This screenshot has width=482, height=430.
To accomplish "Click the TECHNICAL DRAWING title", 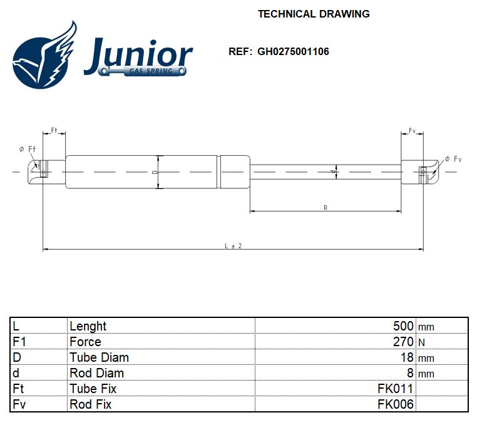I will point(314,14).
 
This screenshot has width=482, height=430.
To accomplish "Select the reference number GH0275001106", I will point(293,51).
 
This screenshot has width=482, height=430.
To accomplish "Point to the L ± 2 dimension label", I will point(233,246).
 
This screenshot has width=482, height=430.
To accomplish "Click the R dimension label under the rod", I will point(326,208).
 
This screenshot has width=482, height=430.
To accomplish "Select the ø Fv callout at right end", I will point(453,160).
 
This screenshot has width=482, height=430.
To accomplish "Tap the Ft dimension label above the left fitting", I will point(54,130).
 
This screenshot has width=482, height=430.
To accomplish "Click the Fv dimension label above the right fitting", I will point(413,130).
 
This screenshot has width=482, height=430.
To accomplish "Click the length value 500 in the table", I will point(403,326).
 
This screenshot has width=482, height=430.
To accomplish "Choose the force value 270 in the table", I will point(403,342).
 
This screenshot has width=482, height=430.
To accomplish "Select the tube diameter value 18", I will point(407,357).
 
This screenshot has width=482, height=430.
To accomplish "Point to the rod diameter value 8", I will point(410,373).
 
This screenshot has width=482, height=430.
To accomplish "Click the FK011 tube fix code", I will point(396,389).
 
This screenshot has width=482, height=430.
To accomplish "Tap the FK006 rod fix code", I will point(396,404).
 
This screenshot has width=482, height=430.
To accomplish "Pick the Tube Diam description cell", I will point(99,357).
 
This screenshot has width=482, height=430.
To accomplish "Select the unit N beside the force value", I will point(421,342).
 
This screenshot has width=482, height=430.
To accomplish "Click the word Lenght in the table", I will point(88,326).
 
